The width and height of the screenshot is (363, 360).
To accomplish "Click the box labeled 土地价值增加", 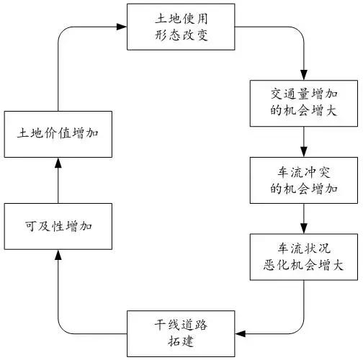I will click(x=58, y=135).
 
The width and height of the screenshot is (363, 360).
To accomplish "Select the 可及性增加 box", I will click(x=58, y=226).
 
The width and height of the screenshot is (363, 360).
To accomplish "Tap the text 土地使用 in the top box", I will click(x=169, y=17).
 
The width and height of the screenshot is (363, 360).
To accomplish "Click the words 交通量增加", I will click(x=303, y=94).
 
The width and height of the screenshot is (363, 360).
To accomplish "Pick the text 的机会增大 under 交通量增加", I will click(x=303, y=112).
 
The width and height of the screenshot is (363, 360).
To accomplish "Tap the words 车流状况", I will click(x=303, y=248).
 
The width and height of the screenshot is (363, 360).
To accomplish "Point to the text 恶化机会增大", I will click(x=303, y=266).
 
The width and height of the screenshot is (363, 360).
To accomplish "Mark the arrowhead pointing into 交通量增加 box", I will click(x=303, y=76).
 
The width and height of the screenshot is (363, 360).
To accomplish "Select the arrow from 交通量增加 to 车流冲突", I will click(x=303, y=141).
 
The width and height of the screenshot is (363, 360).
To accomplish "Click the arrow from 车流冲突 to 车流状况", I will click(x=303, y=219).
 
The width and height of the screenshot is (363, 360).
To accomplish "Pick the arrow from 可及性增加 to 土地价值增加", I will click(x=58, y=180).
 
